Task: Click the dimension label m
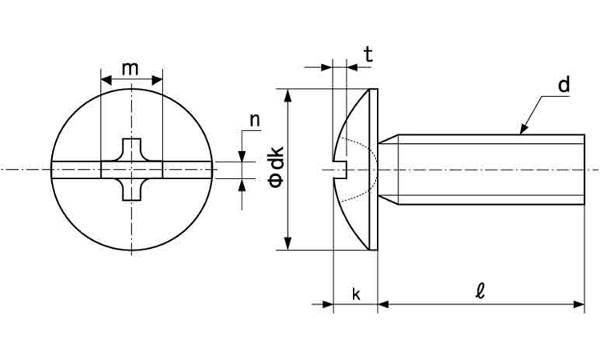click(130, 69)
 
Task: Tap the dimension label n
click(254, 120)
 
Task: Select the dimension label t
click(368, 54)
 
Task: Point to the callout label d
click(564, 85)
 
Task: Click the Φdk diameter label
click(276, 167)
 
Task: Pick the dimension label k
click(356, 294)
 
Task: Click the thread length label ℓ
click(480, 291)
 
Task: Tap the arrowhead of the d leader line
click(523, 130)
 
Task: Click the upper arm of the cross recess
click(132, 150)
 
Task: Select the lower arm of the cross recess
click(132, 190)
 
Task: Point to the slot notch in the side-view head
click(340, 169)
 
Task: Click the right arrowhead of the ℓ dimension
click(578, 305)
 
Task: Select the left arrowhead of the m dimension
click(106, 80)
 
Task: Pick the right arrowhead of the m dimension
click(158, 80)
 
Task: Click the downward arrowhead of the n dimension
click(242, 156)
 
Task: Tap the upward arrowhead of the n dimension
click(242, 184)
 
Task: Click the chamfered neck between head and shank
click(388, 170)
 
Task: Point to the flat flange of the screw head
click(374, 170)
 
